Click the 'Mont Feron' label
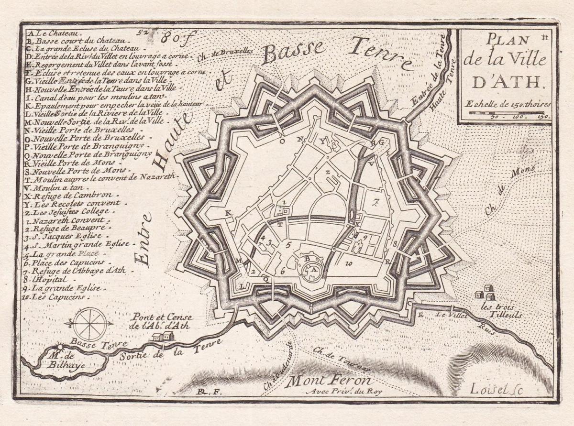tap(329, 381)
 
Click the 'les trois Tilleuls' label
tap(495, 311)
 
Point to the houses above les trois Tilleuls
tap(484, 292)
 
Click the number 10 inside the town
tap(349, 262)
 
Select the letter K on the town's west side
tap(228, 212)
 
